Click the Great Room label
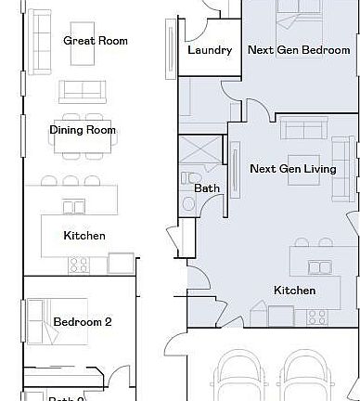95,41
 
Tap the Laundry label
209,50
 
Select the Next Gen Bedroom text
300,50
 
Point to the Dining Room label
83,130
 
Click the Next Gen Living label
292,169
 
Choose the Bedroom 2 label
82,322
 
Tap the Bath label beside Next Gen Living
207,188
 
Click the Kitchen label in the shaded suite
294,291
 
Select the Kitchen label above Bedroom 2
84,236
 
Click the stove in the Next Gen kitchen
317,317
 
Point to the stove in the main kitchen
79,264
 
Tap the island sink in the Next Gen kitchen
320,267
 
